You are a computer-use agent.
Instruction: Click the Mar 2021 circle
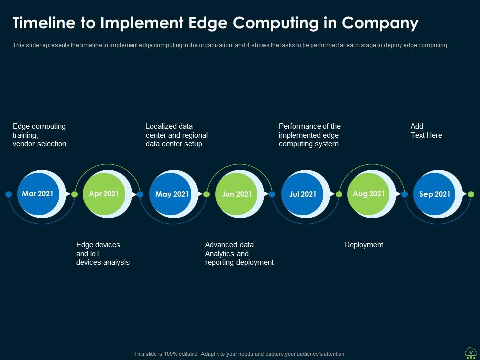click(x=38, y=194)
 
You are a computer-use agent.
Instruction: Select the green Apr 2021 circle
click(x=104, y=194)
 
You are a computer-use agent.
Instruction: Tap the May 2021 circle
click(x=172, y=194)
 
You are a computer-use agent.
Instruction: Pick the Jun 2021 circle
click(x=237, y=194)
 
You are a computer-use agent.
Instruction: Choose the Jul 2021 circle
click(x=303, y=194)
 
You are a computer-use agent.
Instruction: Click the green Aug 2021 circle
click(x=368, y=194)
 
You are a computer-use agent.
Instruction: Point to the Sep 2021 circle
click(x=434, y=194)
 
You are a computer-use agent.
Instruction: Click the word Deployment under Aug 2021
click(x=364, y=245)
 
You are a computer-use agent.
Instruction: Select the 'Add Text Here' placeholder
click(x=426, y=131)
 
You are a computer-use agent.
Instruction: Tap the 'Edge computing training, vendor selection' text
click(x=39, y=135)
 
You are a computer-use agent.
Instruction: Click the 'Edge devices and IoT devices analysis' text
click(x=103, y=253)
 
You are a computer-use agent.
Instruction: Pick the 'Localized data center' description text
click(x=176, y=135)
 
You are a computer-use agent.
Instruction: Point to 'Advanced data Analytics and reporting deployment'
click(x=239, y=253)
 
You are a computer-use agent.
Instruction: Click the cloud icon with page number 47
click(x=470, y=352)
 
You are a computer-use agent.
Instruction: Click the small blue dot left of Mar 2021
click(x=8, y=194)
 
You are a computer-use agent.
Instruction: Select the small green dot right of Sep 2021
click(x=471, y=194)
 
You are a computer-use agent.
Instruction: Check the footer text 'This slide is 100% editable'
click(x=240, y=354)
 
